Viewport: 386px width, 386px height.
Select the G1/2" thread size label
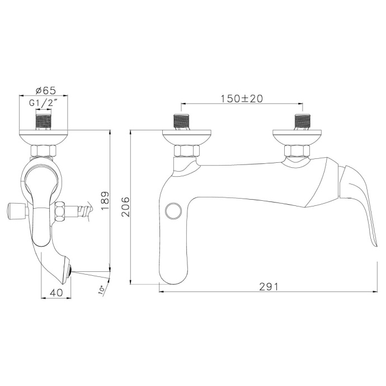tap(44, 103)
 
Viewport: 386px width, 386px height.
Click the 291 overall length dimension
tap(269, 286)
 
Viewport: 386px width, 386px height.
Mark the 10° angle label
tap(101, 291)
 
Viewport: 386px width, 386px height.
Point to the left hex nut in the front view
tap(185, 150)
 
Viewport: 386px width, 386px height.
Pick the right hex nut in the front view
tap(296, 150)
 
